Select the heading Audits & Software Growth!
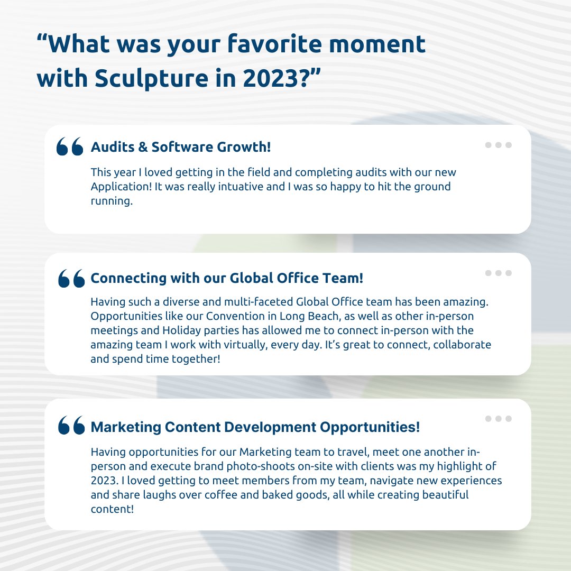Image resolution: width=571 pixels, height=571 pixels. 181,147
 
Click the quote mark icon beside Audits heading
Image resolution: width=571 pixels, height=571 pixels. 70,146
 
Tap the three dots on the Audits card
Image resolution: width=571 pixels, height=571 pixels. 498,145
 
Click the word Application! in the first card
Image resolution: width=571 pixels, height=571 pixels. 118,187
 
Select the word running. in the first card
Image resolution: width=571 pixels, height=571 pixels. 110,201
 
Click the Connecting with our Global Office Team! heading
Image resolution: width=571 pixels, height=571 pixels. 227,278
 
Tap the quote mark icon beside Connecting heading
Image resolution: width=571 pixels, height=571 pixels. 71,278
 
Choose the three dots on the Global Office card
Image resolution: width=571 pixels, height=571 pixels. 498,273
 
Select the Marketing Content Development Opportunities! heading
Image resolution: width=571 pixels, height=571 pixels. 255,427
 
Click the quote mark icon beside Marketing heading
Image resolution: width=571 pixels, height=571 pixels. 71,426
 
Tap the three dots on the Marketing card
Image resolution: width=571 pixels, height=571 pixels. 498,419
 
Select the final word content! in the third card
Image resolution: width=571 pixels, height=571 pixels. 110,509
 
